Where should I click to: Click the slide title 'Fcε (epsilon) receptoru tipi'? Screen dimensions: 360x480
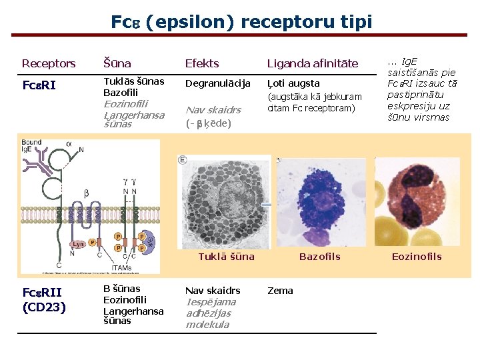[x=241, y=22]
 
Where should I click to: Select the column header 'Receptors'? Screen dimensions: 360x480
[x=49, y=64]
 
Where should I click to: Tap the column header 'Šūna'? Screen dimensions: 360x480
[x=117, y=64]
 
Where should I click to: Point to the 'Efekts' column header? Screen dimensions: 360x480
[x=201, y=64]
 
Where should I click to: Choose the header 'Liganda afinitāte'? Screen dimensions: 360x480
[x=313, y=64]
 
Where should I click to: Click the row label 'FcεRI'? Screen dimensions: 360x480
[x=39, y=85]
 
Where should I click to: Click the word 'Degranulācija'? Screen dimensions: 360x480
[x=217, y=83]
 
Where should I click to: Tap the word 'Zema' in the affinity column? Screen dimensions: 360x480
[x=280, y=291]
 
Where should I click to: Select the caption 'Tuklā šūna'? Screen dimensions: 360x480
[x=226, y=257]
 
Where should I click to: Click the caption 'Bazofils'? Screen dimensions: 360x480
[x=319, y=257]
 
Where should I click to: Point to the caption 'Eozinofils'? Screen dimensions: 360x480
[x=416, y=257]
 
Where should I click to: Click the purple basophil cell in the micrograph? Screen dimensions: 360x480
[x=320, y=200]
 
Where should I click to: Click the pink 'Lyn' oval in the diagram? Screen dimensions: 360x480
[x=78, y=244]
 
